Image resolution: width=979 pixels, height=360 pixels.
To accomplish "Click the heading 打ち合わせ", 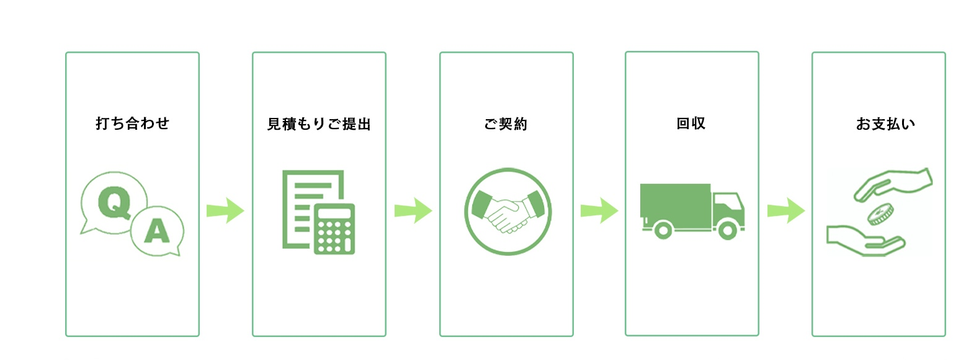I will (x=132, y=124).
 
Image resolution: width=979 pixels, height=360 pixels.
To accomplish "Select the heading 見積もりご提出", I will (x=319, y=124).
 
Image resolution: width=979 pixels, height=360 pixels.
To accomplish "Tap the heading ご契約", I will (x=506, y=124).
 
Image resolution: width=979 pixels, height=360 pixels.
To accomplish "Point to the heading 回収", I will (x=691, y=124).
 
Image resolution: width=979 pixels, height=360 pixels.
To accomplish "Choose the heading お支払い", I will (x=885, y=124).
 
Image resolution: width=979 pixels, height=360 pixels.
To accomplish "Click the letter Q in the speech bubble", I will (x=114, y=202).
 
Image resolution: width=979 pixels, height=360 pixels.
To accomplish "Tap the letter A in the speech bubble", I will (x=157, y=232).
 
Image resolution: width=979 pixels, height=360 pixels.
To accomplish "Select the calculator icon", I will (x=334, y=229).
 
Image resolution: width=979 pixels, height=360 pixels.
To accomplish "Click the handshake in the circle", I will (x=507, y=212).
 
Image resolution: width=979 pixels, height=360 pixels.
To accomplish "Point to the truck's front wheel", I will (x=728, y=231).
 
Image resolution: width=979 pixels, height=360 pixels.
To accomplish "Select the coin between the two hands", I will (x=878, y=215).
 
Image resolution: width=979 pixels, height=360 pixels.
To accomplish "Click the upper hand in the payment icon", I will (x=893, y=184).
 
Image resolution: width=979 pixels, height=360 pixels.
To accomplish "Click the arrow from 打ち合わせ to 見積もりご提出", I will (x=225, y=210).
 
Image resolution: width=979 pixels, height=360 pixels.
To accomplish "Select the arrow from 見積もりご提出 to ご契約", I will (x=413, y=210).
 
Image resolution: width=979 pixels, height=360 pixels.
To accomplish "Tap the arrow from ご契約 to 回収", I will (x=599, y=210).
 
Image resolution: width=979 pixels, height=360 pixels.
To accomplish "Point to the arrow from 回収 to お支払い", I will (x=785, y=210).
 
